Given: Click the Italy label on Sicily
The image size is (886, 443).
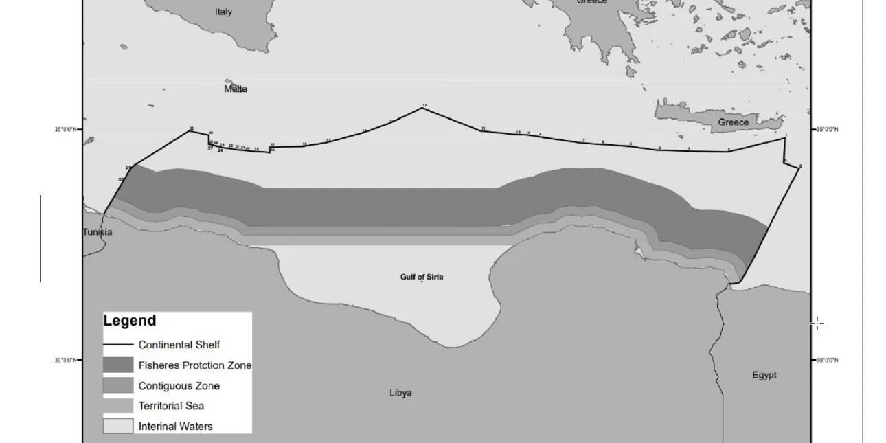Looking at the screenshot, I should point(223,12).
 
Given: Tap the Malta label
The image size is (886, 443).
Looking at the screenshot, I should point(236,89).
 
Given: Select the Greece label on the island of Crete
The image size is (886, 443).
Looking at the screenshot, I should point(733,122).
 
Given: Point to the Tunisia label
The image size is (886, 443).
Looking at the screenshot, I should point(98,232).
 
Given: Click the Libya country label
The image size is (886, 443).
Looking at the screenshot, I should point(400,393).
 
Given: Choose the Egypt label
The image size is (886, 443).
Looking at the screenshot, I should point(764,375).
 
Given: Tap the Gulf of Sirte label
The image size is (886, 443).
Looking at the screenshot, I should point(422,277).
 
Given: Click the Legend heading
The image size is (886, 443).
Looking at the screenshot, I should point(130,321).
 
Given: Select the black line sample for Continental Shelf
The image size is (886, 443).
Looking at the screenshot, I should point(118,345).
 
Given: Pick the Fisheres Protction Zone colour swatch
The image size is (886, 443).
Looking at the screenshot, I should point(118,365).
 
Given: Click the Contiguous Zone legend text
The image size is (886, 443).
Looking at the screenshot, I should point(179,386).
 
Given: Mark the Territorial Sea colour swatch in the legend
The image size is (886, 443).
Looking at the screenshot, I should point(118,406).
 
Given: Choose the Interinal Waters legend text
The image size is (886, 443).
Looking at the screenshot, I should point(175,427).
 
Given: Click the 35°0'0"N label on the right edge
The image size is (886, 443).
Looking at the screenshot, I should point(827,129).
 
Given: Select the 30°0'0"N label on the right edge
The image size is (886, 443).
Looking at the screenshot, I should point(827,360).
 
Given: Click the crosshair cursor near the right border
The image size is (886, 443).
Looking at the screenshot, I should point(817,324).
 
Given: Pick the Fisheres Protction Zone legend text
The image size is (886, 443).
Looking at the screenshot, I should point(195,365).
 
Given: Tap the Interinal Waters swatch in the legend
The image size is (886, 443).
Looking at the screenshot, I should point(118,426).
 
